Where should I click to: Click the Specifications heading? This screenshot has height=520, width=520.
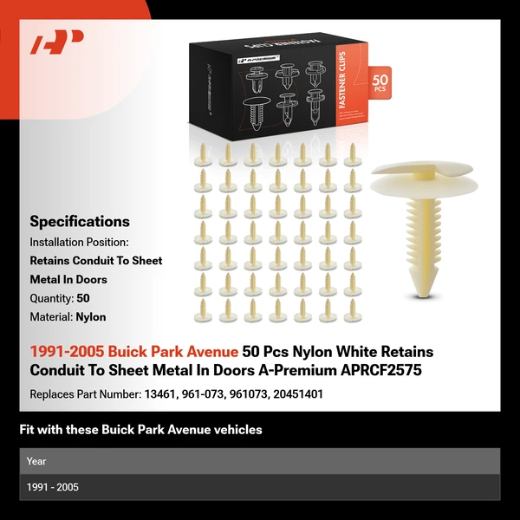coord(80,221)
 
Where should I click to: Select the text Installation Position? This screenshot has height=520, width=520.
coord(79,242)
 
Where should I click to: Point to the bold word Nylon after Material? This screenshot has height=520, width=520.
coord(91,317)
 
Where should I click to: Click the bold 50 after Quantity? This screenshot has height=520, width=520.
coord(83,298)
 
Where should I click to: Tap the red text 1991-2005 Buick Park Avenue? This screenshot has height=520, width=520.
coord(134,352)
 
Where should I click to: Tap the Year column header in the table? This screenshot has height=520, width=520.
coord(36,461)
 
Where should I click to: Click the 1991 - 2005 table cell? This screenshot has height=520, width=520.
coord(53,487)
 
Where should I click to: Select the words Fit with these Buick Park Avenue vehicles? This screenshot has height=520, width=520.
coord(140,430)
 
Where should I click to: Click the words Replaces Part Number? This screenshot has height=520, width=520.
coord(80,394)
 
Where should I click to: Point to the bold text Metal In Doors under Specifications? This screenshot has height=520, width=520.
coord(68,279)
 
